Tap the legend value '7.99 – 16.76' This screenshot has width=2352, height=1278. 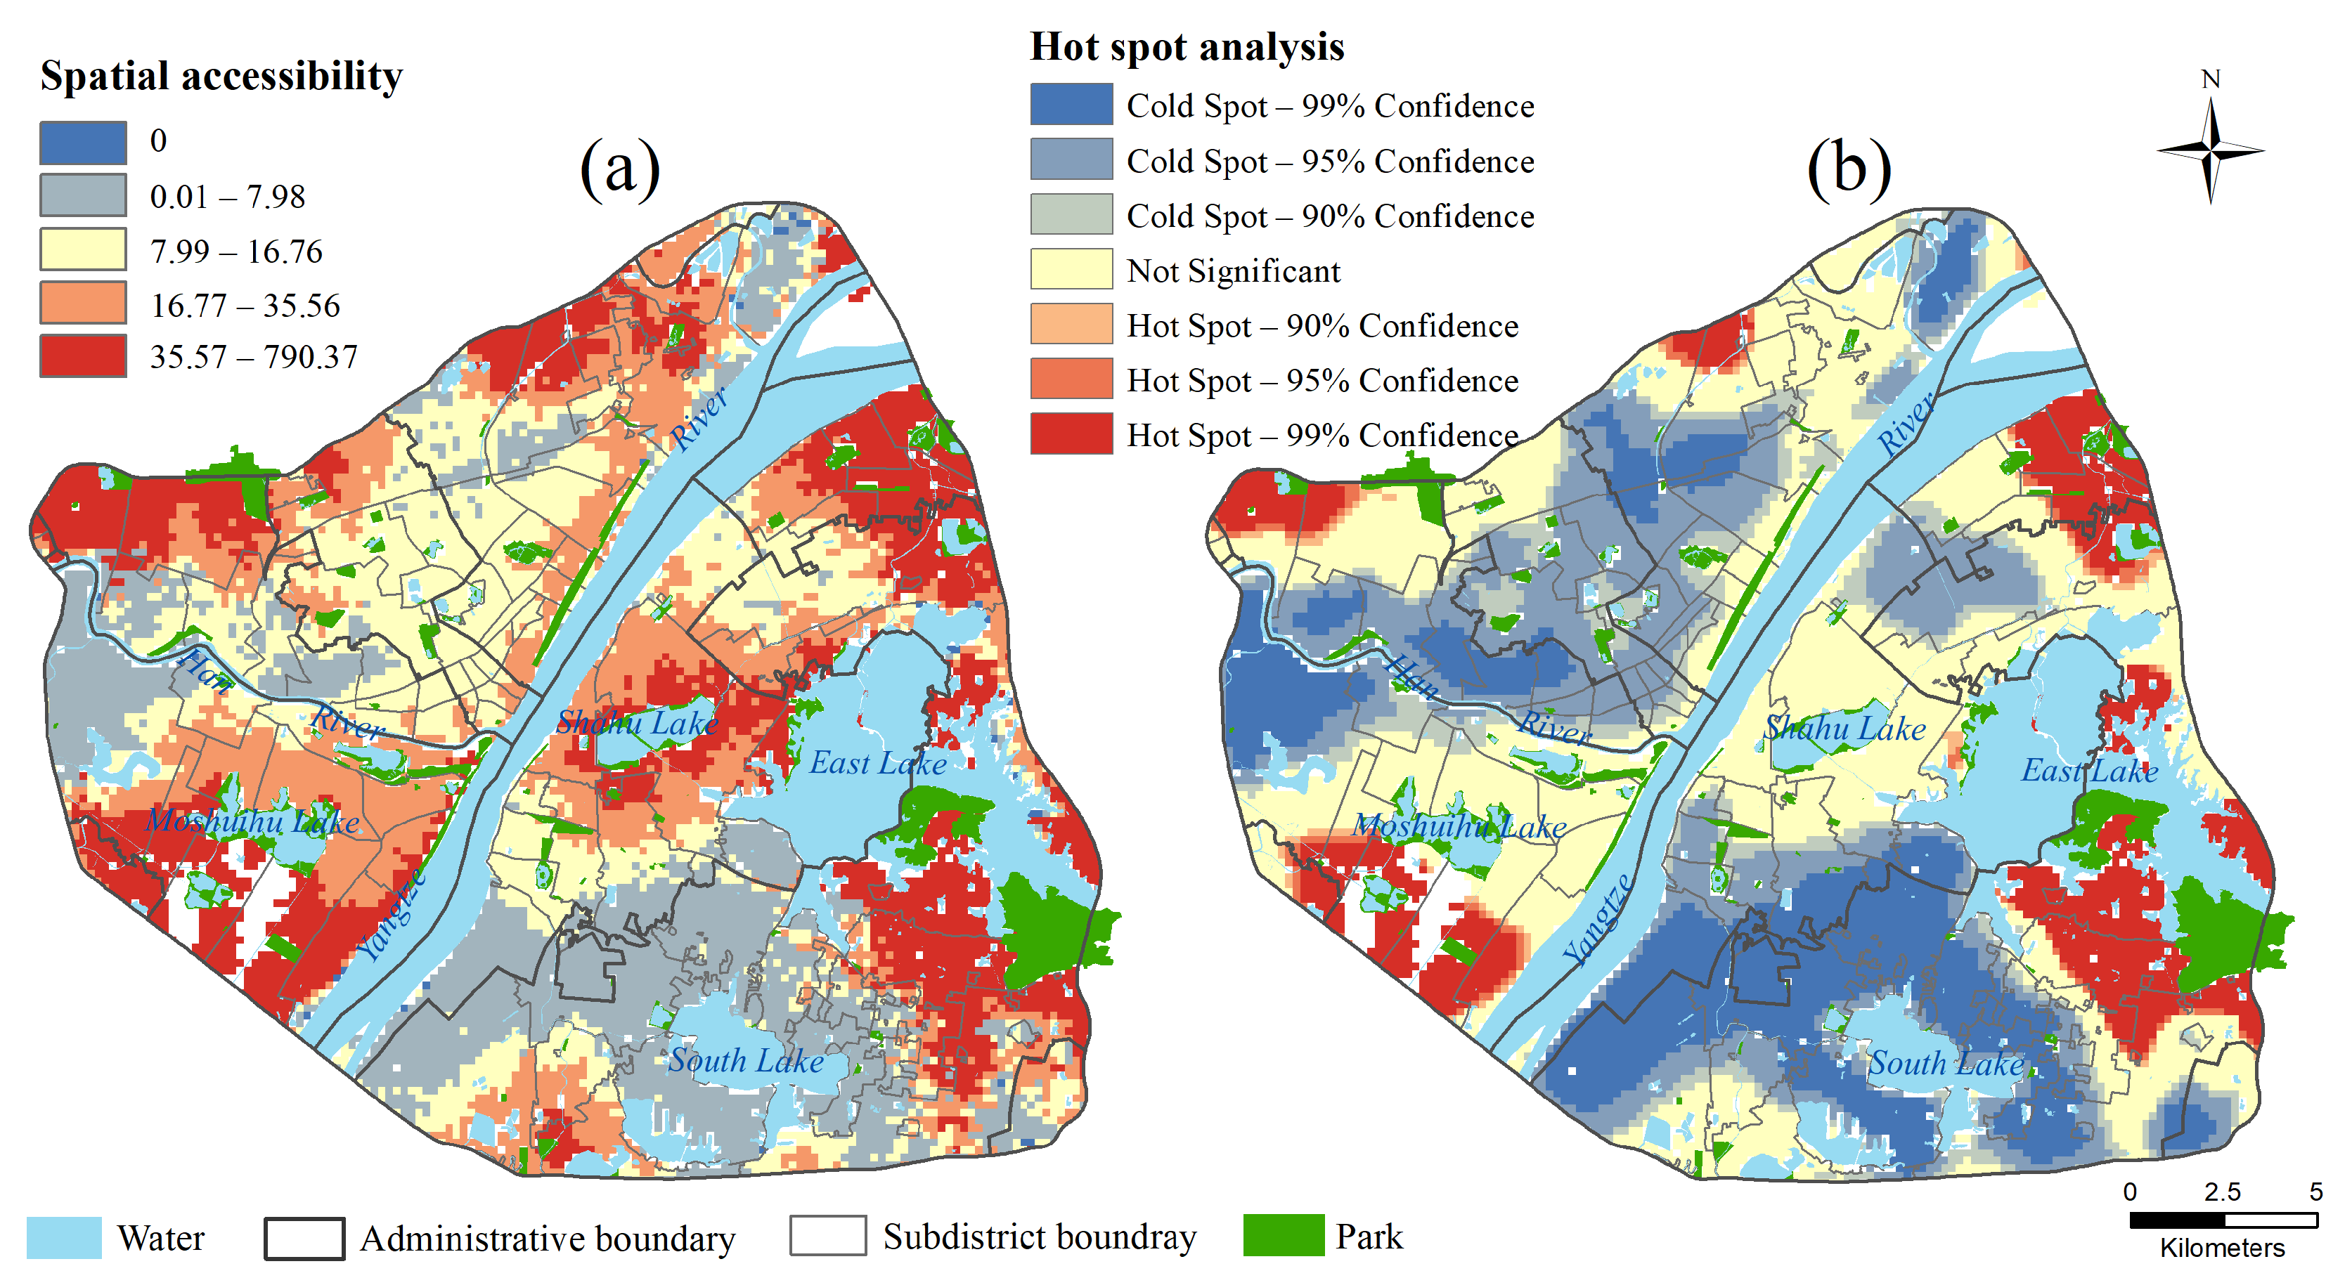(235, 251)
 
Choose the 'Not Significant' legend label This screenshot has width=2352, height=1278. (1233, 271)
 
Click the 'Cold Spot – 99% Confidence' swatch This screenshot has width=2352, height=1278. (1071, 104)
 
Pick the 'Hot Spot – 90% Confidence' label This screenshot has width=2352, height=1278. (1322, 326)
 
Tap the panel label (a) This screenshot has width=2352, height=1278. (619, 168)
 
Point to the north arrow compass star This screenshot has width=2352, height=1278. (2211, 150)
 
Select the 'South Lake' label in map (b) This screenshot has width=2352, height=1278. (1946, 1064)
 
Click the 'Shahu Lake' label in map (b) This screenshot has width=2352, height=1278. (1844, 729)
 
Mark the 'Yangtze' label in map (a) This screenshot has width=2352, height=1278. (392, 915)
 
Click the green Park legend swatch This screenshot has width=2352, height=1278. (1283, 1236)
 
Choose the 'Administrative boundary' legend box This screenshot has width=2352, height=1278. (304, 1239)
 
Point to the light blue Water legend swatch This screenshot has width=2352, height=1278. (64, 1238)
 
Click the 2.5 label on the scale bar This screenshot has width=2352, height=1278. (2221, 1192)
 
